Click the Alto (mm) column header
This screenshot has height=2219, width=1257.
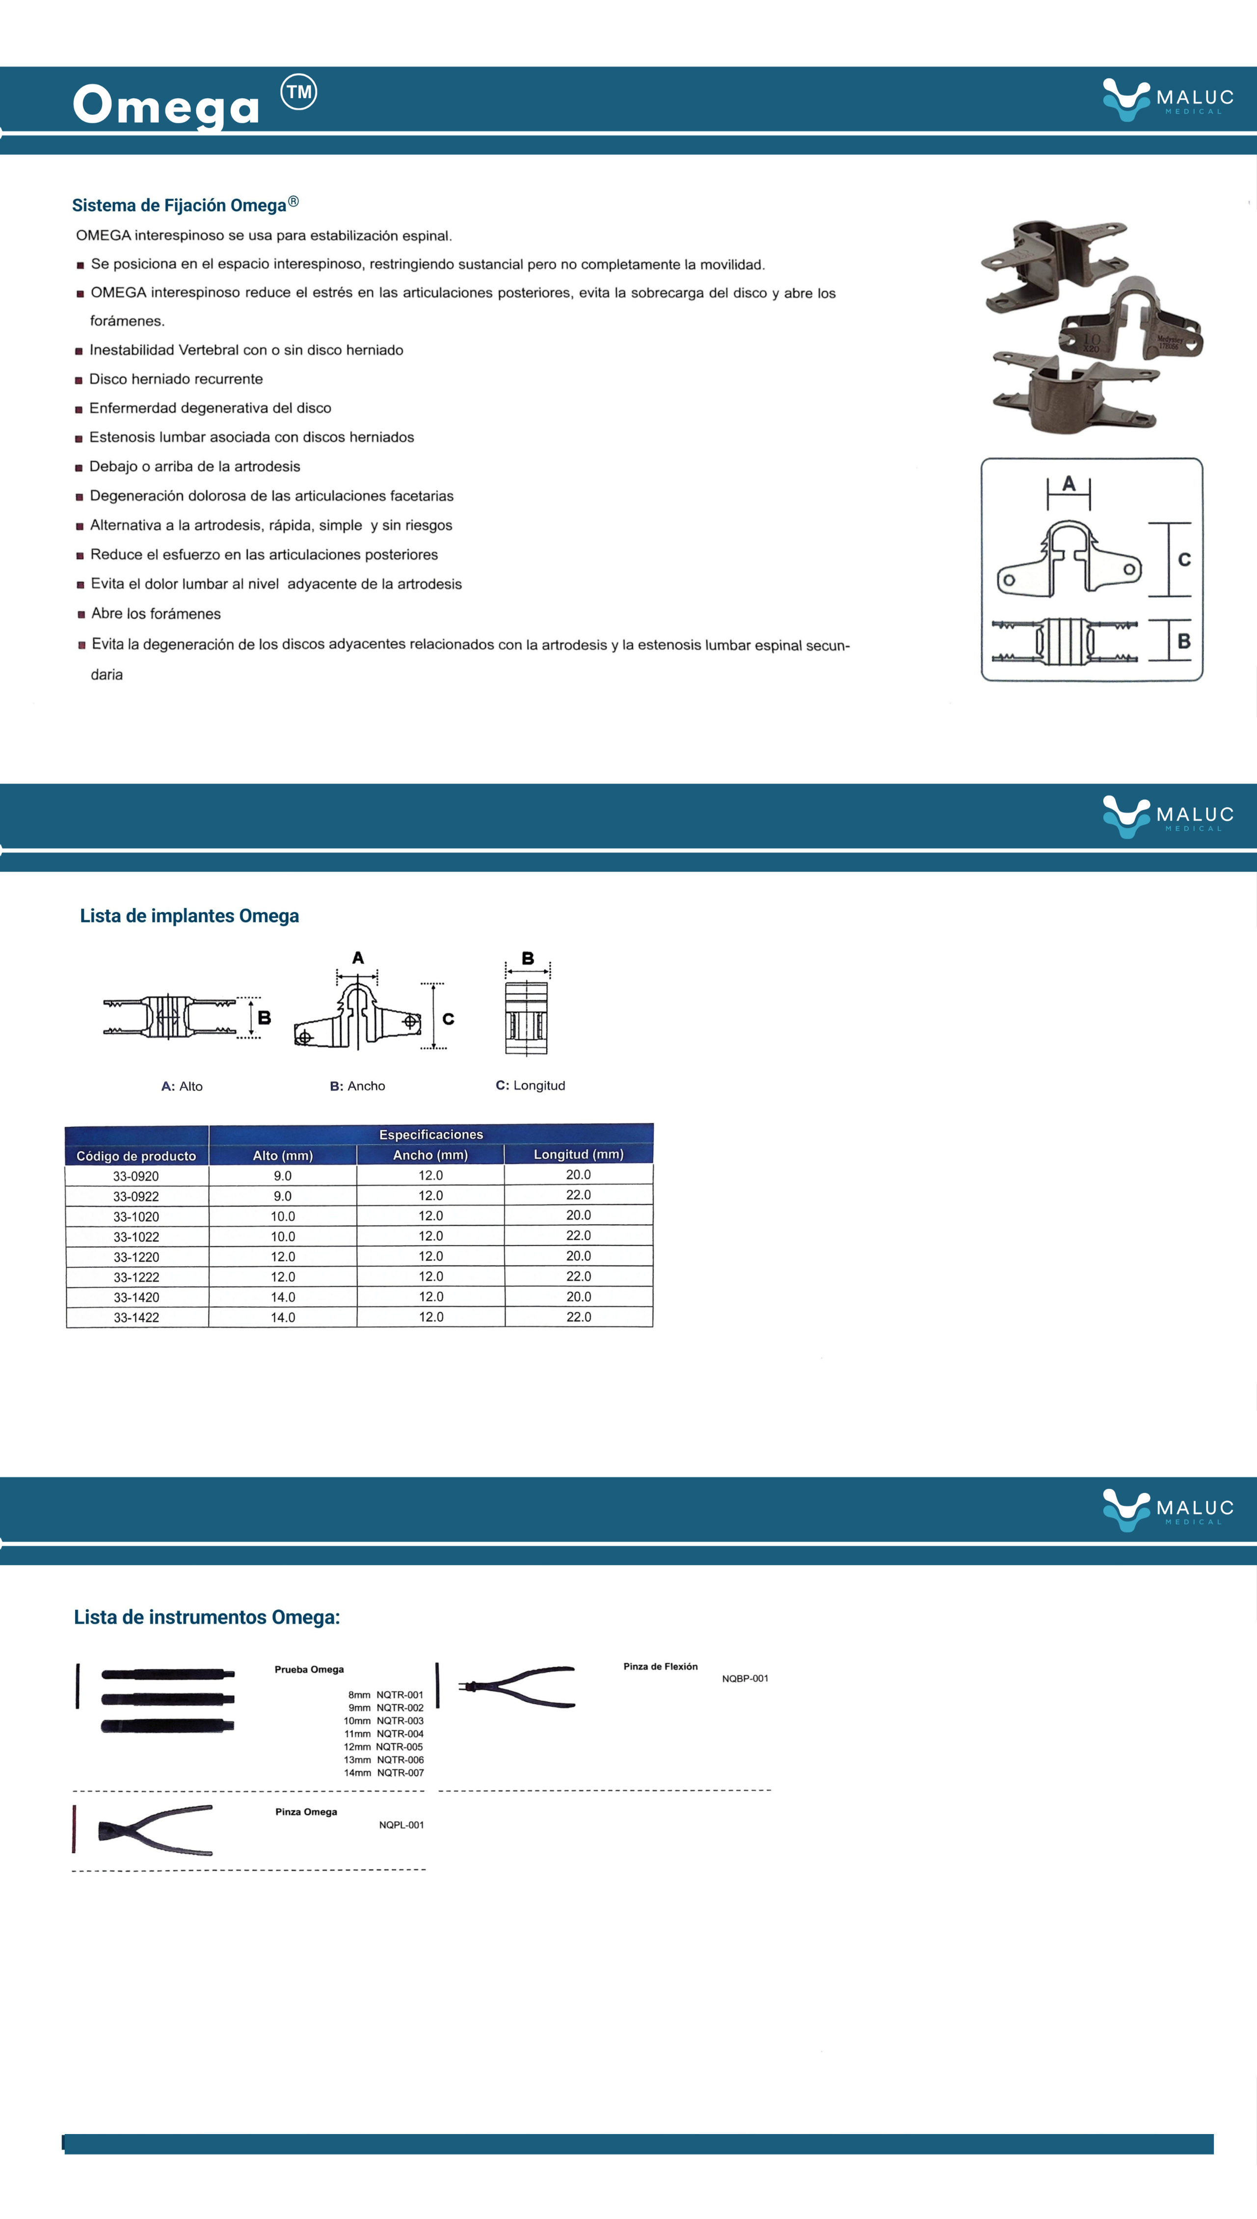(x=282, y=1155)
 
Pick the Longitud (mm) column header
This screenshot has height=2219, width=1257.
(x=578, y=1154)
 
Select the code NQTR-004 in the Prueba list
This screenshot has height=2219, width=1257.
(x=400, y=1733)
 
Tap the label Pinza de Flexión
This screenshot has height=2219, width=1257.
(x=661, y=1666)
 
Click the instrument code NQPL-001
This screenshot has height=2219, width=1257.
(x=401, y=1824)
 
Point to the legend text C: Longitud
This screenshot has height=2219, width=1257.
(x=530, y=1085)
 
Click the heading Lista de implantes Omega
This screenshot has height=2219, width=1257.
(x=189, y=916)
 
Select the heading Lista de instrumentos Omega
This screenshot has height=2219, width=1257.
(x=206, y=1616)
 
